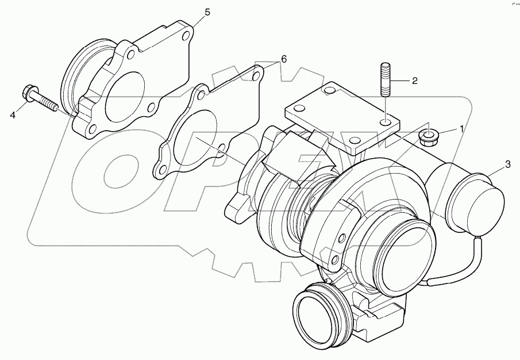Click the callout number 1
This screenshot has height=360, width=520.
(x=460, y=129)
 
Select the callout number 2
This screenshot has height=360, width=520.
(x=414, y=81)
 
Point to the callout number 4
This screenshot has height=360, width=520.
(x=13, y=114)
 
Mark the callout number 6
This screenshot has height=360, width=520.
(x=283, y=59)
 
